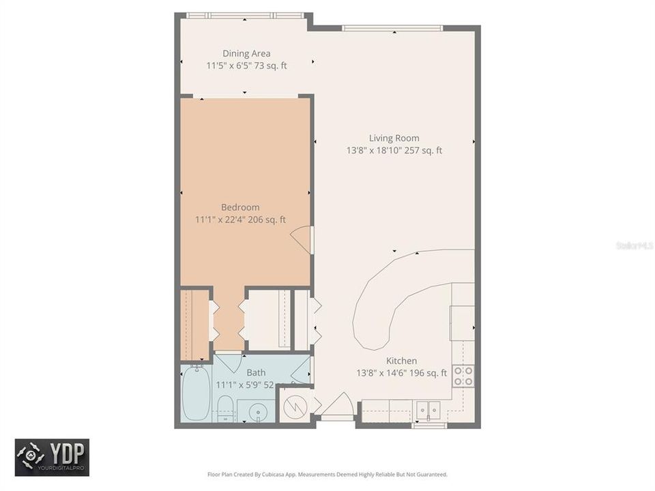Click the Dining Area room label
point(246,53)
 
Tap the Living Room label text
point(394,138)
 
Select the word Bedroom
point(240,207)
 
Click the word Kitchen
point(401,361)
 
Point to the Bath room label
point(256,372)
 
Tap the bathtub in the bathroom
point(196,393)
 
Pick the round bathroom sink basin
point(257,412)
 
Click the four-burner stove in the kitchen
point(463,376)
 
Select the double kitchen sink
point(428,410)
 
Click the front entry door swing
point(337,408)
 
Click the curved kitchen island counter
point(382,300)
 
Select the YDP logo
point(52,457)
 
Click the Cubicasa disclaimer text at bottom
point(327,474)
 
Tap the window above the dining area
point(245,15)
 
